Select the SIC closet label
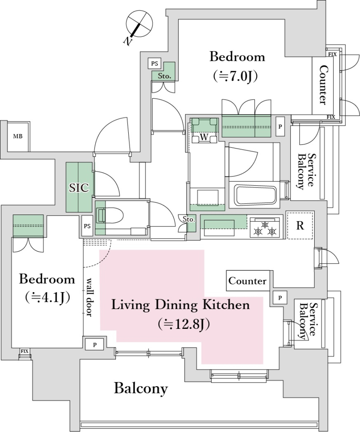tap(79, 187)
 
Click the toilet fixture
tap(109, 216)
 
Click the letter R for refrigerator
tap(300, 226)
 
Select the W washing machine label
tap(204, 137)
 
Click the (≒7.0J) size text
tap(235, 76)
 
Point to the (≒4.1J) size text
tap(48, 298)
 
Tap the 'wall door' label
tap(90, 297)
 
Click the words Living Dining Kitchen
tap(180, 305)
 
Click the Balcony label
tap(141, 388)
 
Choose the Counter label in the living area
tap(247, 281)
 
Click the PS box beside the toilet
tap(87, 226)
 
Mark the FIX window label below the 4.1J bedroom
tap(24, 351)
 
